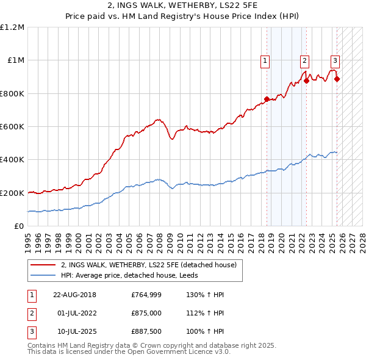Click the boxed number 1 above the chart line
[266, 60]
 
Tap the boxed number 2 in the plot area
[304, 60]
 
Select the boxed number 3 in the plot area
[335, 60]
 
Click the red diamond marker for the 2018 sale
[267, 99]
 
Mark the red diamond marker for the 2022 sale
[306, 81]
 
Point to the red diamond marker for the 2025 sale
[337, 79]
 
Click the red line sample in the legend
[43, 265]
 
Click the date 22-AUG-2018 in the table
[74, 295]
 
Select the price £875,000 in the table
[146, 313]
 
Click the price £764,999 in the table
[146, 295]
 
